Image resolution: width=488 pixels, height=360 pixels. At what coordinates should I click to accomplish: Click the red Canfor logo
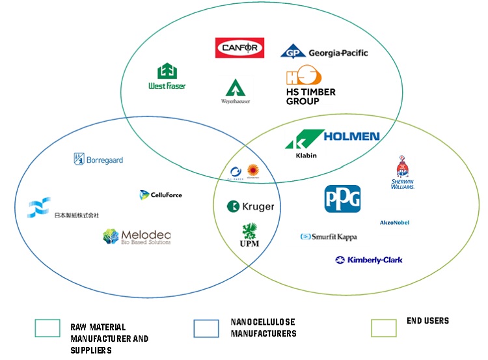click(239, 48)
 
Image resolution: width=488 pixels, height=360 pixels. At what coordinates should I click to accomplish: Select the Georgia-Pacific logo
click(323, 51)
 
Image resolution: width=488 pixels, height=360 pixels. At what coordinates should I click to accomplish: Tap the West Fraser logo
click(167, 77)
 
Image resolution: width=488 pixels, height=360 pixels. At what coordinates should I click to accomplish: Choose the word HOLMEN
click(351, 137)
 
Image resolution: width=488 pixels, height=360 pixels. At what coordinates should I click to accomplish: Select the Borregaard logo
click(98, 159)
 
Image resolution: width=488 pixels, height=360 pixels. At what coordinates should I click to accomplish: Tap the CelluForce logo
click(161, 195)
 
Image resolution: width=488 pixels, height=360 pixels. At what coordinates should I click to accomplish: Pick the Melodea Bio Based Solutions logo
click(137, 237)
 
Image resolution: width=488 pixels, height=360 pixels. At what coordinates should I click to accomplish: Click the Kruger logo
click(251, 206)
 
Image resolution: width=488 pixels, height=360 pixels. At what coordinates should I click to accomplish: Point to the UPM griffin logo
click(250, 236)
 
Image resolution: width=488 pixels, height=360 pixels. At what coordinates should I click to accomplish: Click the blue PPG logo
click(342, 199)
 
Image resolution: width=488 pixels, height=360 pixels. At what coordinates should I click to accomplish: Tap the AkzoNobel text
click(394, 223)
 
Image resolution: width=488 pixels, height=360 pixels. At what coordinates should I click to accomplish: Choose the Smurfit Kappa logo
click(329, 237)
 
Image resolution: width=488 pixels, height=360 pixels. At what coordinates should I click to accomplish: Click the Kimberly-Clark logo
click(368, 260)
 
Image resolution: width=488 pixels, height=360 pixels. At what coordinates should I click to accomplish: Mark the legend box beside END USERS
click(383, 327)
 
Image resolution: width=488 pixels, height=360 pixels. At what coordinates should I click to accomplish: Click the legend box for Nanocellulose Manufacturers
click(206, 328)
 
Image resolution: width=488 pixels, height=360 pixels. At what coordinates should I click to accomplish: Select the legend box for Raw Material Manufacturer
click(47, 328)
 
